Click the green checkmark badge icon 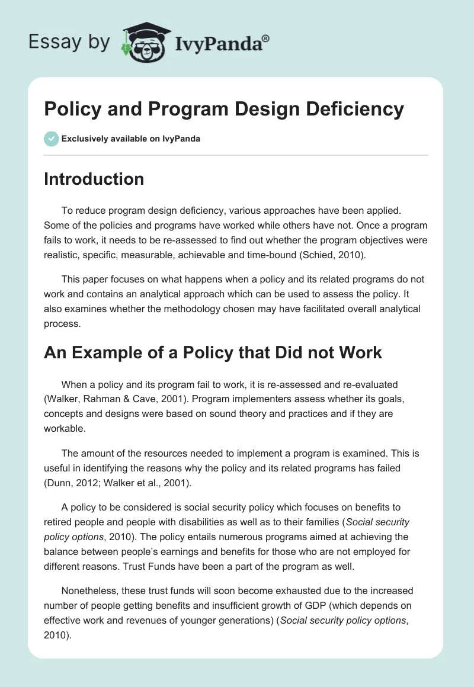(x=51, y=139)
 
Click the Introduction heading (x=94, y=179)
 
